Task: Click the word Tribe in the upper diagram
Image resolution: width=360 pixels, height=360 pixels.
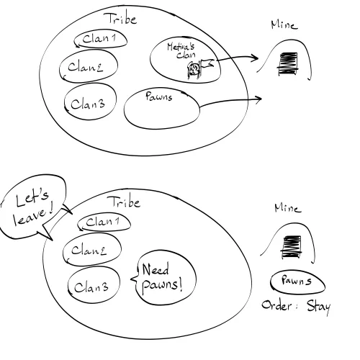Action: [x=121, y=19]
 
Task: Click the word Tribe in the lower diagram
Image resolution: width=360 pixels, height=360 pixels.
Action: [x=124, y=202]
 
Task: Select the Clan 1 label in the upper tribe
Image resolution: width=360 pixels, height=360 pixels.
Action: [x=99, y=38]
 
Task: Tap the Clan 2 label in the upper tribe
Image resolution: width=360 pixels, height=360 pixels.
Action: [x=86, y=67]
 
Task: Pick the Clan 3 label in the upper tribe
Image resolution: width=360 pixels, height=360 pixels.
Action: [x=88, y=104]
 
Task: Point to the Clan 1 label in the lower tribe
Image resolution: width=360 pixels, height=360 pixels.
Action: [x=103, y=222]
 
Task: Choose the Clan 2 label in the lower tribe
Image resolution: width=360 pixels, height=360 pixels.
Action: [x=89, y=250]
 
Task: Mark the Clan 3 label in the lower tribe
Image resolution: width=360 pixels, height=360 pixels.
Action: [x=91, y=287]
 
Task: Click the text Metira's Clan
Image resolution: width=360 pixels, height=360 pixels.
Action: [x=181, y=50]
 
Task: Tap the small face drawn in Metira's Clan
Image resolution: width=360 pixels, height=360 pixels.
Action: [x=194, y=70]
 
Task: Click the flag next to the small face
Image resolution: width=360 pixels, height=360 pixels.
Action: [x=207, y=63]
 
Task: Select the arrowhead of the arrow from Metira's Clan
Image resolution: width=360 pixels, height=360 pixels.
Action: [x=254, y=58]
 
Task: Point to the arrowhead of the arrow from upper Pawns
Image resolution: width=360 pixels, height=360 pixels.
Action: [x=258, y=99]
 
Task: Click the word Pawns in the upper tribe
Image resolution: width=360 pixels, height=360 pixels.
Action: [x=159, y=96]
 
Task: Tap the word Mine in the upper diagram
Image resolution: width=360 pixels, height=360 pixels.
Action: [x=284, y=24]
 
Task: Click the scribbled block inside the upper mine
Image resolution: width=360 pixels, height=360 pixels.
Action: [x=288, y=63]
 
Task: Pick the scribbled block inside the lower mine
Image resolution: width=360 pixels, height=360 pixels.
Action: [x=291, y=247]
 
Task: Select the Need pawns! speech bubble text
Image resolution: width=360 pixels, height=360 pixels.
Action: [x=162, y=277]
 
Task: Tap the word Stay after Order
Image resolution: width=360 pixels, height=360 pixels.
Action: [x=319, y=307]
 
